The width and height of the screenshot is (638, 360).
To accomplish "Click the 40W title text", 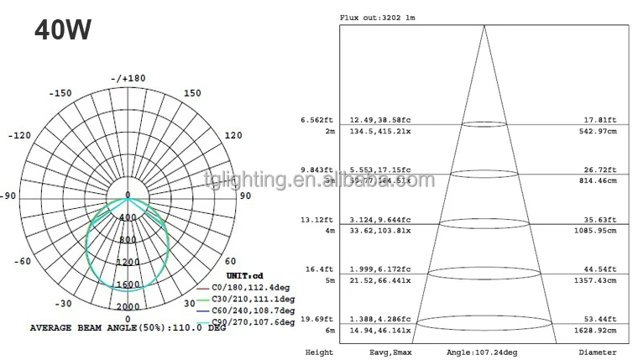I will click(63, 30).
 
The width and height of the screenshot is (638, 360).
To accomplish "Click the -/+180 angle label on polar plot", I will click(128, 78).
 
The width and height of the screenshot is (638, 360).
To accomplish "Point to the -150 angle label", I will click(61, 93).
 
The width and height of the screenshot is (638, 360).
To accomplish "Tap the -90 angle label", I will click(8, 196).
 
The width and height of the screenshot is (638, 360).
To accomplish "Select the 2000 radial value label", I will click(128, 306).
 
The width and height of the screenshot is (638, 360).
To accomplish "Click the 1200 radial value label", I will click(128, 262).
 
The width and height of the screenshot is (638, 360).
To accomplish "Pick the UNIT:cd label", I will click(245, 275).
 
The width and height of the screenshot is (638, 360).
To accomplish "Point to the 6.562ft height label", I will click(316, 120).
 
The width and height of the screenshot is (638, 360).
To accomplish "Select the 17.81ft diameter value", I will click(601, 120).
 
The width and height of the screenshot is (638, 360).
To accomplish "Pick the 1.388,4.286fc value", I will click(381, 320).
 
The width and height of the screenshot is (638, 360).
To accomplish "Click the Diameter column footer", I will click(597, 353).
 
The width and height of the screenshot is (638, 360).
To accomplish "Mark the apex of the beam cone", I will click(484, 26).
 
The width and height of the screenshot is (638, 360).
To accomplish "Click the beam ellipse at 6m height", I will click(484, 322).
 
